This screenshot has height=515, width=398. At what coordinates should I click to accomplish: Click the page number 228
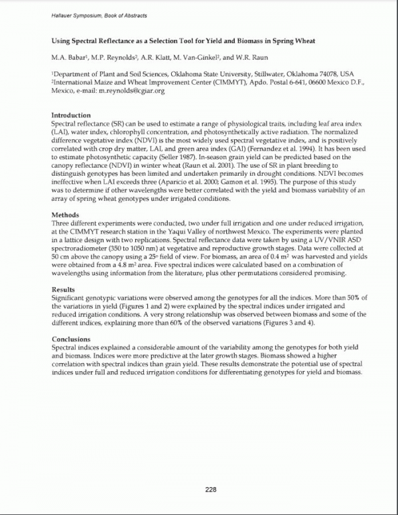211,490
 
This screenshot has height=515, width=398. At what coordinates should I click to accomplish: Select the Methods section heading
66,215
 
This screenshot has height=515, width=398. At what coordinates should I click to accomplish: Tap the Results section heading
64,290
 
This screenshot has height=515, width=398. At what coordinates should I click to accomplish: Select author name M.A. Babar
69,58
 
